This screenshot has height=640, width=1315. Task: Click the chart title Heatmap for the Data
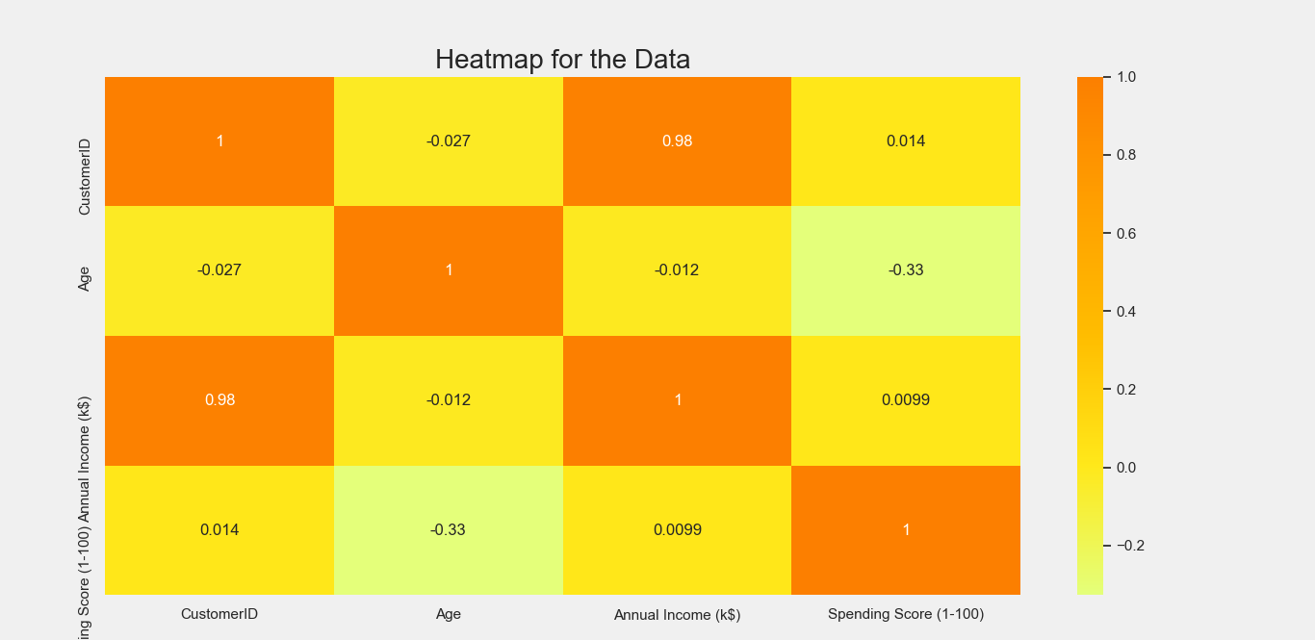coord(562,60)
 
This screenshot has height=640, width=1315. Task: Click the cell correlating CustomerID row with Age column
coord(449,141)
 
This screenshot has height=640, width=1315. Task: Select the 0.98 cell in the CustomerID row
coord(677,141)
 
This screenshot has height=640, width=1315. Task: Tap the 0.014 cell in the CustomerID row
coord(906,141)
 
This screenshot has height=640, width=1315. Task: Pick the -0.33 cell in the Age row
coord(906,270)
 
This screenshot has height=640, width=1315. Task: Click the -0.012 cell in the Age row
coord(677,270)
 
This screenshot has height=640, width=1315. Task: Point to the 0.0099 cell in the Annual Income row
coord(906,400)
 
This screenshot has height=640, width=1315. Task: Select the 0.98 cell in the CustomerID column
coord(219,400)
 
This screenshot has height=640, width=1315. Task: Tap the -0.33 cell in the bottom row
coord(449,530)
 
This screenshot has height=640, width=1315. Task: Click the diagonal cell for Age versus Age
coord(449,270)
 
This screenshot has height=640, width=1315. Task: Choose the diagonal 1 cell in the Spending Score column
coord(906,530)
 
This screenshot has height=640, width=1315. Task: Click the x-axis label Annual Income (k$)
coord(677,614)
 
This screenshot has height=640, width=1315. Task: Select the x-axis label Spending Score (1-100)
coord(906,614)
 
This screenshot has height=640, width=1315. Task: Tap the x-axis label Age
coord(449,614)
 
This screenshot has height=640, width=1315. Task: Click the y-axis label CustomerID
coord(85,176)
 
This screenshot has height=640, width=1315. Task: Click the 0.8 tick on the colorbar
coord(1124,155)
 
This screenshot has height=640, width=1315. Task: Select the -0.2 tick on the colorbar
coord(1124,546)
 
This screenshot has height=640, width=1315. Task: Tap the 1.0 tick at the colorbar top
coord(1124,77)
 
